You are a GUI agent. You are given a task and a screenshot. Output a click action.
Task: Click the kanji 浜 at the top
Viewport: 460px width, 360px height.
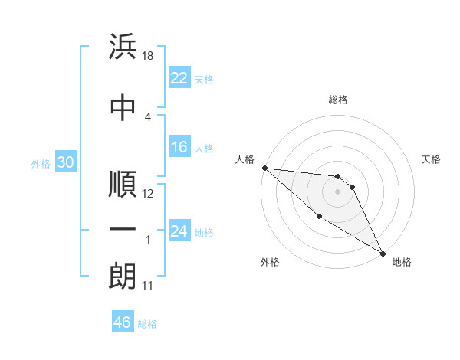(x=123, y=47)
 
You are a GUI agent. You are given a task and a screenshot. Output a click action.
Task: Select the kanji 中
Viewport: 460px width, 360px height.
(x=123, y=107)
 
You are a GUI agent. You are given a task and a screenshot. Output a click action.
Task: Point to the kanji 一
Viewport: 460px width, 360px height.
(x=123, y=230)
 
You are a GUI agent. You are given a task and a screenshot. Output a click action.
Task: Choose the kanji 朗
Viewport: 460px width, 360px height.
(x=123, y=276)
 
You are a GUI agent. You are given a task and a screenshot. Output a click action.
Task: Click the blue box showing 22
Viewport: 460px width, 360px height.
(x=179, y=78)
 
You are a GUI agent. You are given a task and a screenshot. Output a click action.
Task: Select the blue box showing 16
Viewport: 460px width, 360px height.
(x=179, y=148)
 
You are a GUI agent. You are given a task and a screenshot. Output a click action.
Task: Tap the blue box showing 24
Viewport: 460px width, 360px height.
(x=179, y=231)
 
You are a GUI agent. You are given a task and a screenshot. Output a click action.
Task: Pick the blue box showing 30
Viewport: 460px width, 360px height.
(x=65, y=162)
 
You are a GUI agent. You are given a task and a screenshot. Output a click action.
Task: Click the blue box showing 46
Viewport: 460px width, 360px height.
(x=123, y=322)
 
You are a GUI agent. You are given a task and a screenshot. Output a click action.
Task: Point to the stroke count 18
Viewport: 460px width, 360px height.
(x=149, y=56)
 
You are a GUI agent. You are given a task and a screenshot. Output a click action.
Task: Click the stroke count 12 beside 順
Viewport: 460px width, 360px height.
(x=149, y=194)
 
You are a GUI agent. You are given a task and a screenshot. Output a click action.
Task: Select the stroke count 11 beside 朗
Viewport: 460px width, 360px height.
(x=149, y=286)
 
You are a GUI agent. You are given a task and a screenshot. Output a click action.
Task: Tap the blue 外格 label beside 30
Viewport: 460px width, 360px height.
(x=41, y=163)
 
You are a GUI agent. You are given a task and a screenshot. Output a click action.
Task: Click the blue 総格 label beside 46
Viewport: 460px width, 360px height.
(x=148, y=324)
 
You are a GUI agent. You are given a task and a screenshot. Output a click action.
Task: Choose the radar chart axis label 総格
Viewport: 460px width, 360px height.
(x=338, y=100)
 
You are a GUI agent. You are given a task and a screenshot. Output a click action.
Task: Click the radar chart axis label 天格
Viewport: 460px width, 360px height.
(x=432, y=159)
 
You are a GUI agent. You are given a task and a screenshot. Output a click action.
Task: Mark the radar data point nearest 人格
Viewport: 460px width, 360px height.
(x=264, y=168)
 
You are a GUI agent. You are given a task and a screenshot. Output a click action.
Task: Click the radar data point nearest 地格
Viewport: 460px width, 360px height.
(x=383, y=253)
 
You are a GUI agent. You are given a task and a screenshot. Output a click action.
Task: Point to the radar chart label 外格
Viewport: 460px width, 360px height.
(x=270, y=262)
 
